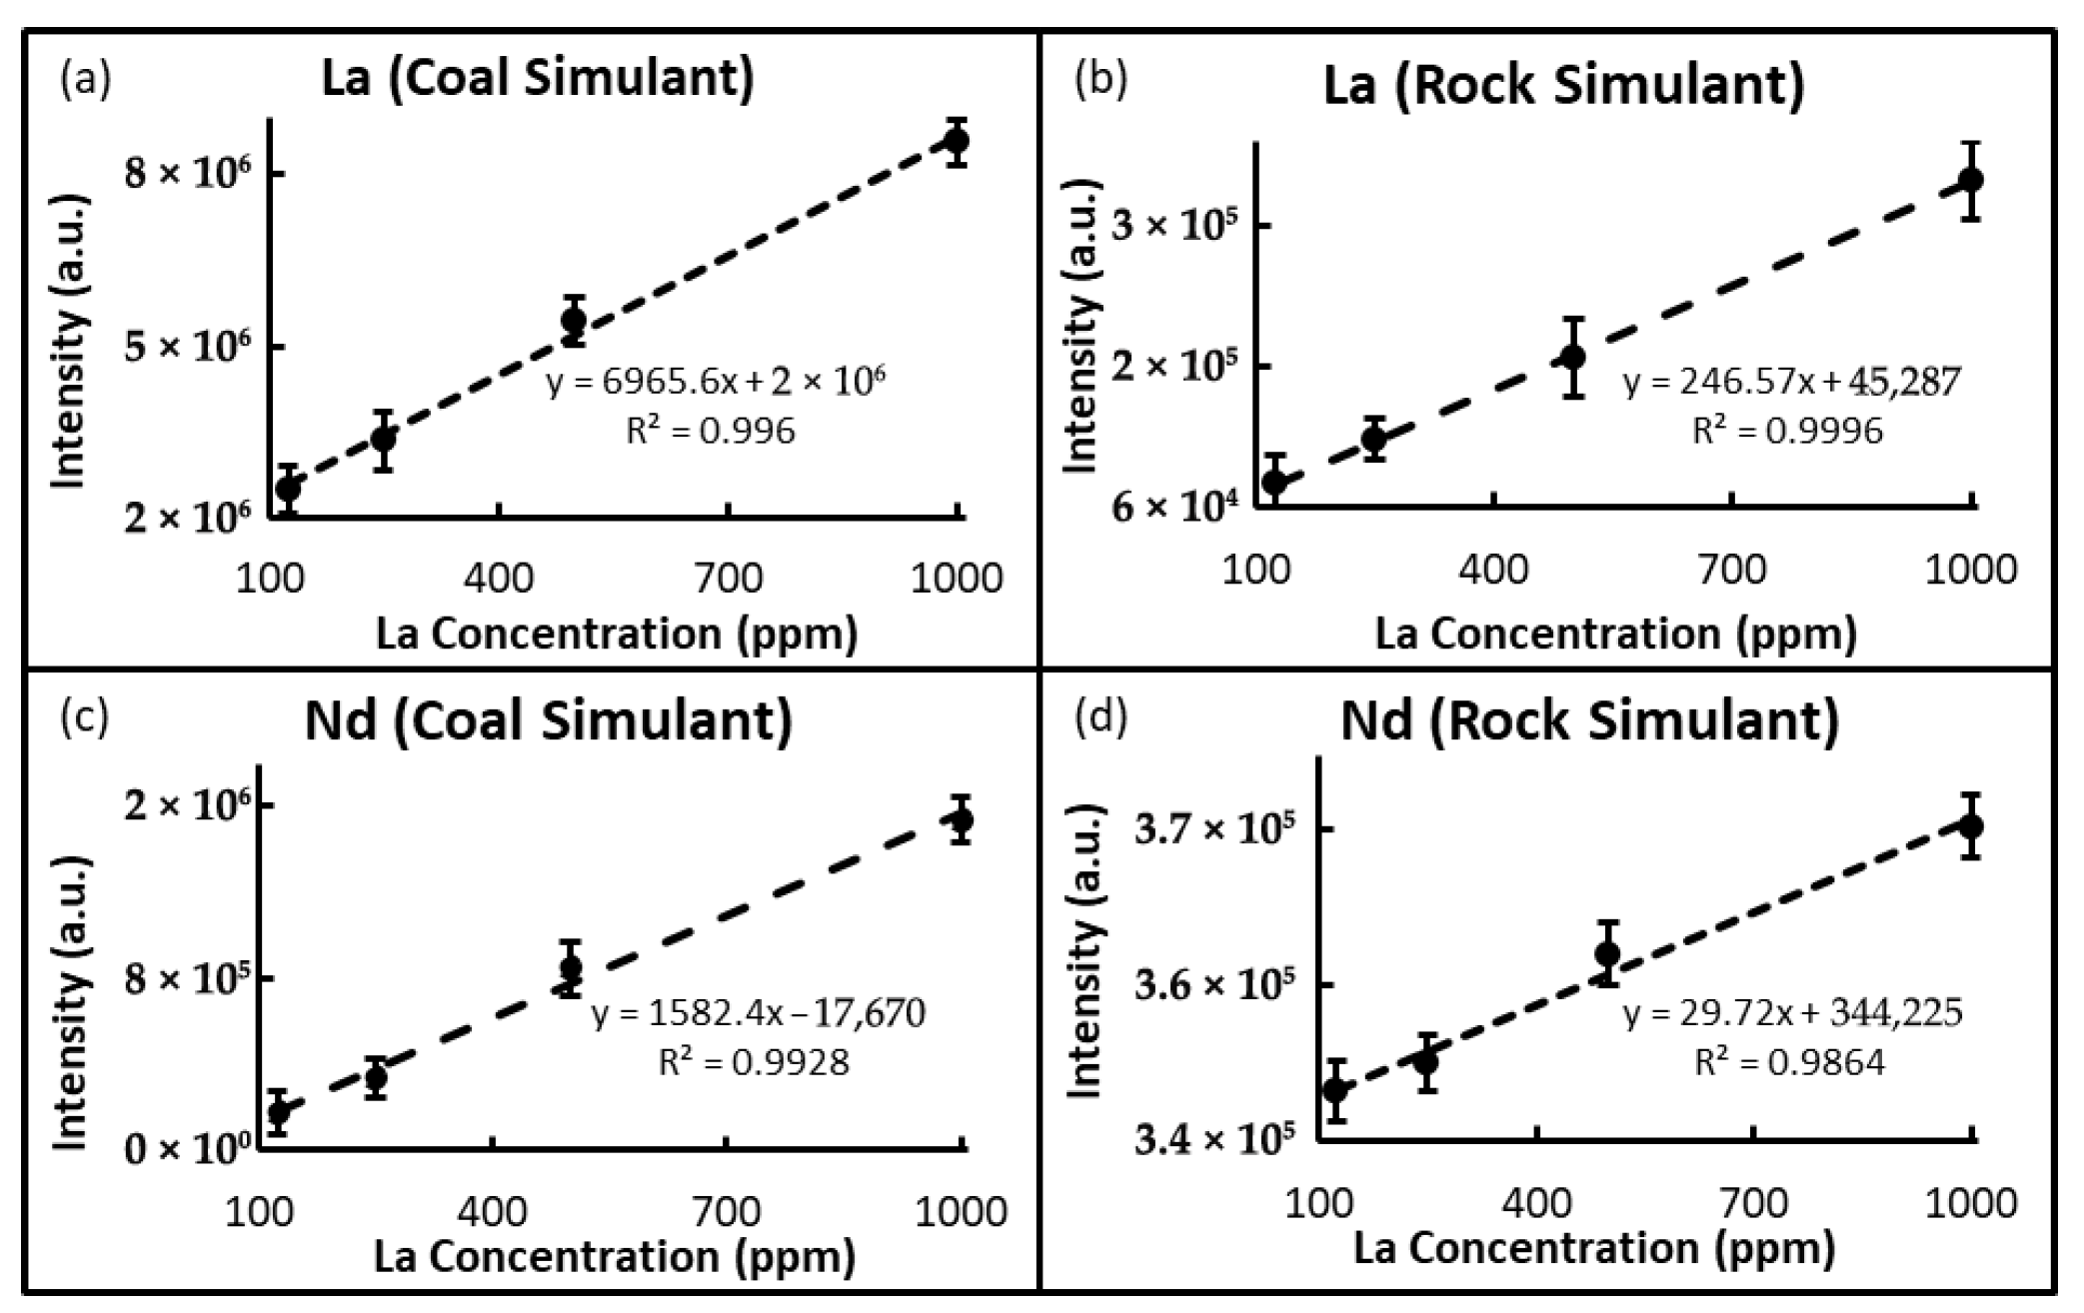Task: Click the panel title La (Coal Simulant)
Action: click(x=538, y=78)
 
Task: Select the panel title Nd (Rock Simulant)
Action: click(x=1589, y=721)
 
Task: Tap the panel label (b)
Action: click(x=1100, y=80)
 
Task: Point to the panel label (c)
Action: click(x=84, y=716)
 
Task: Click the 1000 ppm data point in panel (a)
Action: click(x=957, y=140)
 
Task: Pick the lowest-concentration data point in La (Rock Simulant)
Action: click(x=1274, y=482)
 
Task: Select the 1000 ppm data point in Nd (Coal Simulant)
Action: click(x=962, y=820)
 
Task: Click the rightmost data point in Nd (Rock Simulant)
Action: click(x=1971, y=826)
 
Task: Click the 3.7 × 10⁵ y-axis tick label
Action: click(x=1214, y=828)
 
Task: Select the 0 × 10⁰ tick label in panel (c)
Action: click(x=187, y=1149)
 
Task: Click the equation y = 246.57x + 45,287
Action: click(x=1791, y=382)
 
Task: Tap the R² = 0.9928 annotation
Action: click(x=754, y=1061)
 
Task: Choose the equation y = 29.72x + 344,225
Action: click(x=1792, y=1013)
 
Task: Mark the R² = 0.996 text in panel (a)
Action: click(x=711, y=431)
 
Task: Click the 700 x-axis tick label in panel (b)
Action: click(x=1731, y=570)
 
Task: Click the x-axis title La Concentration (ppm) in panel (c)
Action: click(x=615, y=1256)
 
